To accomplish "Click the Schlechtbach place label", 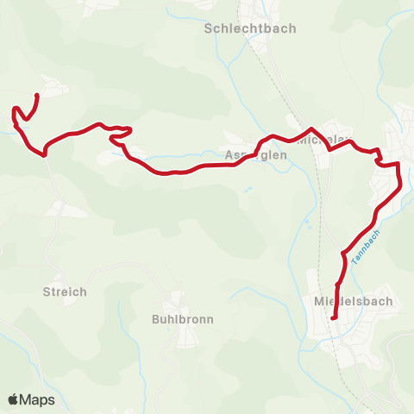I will (250, 28).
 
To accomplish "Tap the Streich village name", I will (65, 292).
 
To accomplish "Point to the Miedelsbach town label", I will (354, 301).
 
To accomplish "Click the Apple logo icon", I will (14, 399).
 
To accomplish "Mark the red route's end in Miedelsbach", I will (334, 319).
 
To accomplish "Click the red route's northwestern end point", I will (37, 96).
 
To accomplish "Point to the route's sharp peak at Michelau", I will (310, 129).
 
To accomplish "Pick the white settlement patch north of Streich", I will (65, 209).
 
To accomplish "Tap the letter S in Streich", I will (47, 292).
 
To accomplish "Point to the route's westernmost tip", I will (13, 110).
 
